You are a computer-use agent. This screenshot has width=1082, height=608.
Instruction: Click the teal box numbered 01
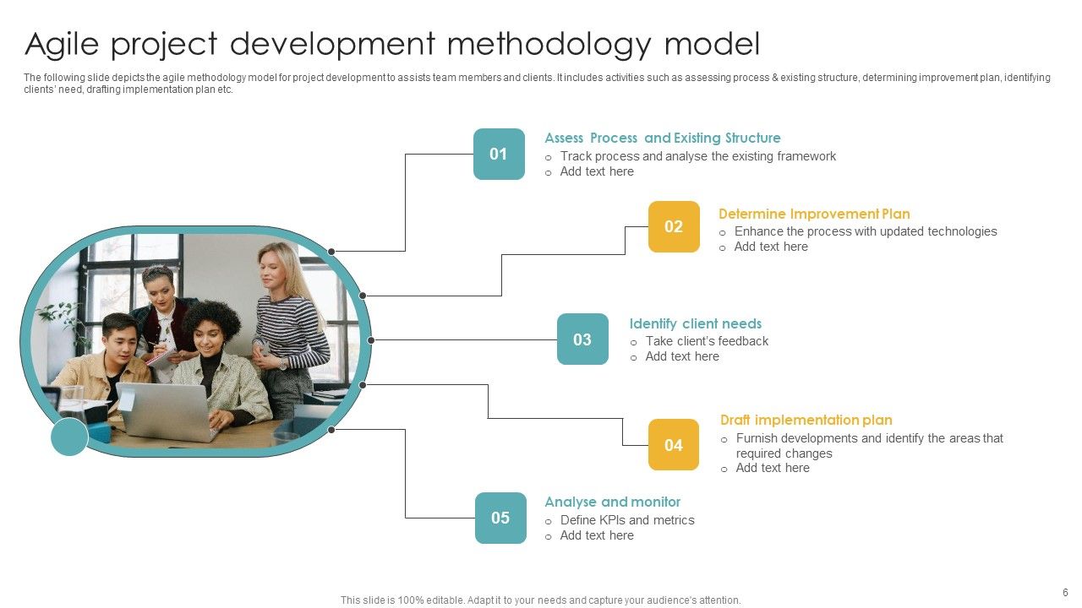point(499,154)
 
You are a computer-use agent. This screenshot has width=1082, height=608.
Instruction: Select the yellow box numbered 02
point(674,226)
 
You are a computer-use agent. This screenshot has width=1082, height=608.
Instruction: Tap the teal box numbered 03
point(582,339)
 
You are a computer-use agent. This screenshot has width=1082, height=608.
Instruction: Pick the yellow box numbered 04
point(674,445)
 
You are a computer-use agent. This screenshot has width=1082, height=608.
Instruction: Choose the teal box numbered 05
point(500,518)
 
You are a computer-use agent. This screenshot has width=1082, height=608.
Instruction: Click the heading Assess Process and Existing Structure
point(662,138)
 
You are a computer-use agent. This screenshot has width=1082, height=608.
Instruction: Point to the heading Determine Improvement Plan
point(814,214)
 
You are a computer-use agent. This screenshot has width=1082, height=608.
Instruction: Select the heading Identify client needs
point(695,323)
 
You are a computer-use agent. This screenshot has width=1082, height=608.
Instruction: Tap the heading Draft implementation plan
point(806,420)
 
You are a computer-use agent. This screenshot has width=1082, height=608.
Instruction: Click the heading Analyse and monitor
point(612,502)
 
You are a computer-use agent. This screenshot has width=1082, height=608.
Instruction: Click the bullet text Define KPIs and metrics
point(627,520)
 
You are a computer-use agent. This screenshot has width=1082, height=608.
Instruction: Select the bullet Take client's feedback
point(707,341)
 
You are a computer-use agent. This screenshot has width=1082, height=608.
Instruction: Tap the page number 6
point(1065,592)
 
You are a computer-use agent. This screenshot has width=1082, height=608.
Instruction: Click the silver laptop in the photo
point(165,411)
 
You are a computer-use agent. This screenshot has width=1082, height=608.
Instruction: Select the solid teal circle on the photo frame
point(69,437)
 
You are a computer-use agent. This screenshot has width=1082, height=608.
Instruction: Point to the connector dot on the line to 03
point(371,340)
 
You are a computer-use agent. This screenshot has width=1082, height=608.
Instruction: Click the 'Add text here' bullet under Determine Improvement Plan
point(771,247)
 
